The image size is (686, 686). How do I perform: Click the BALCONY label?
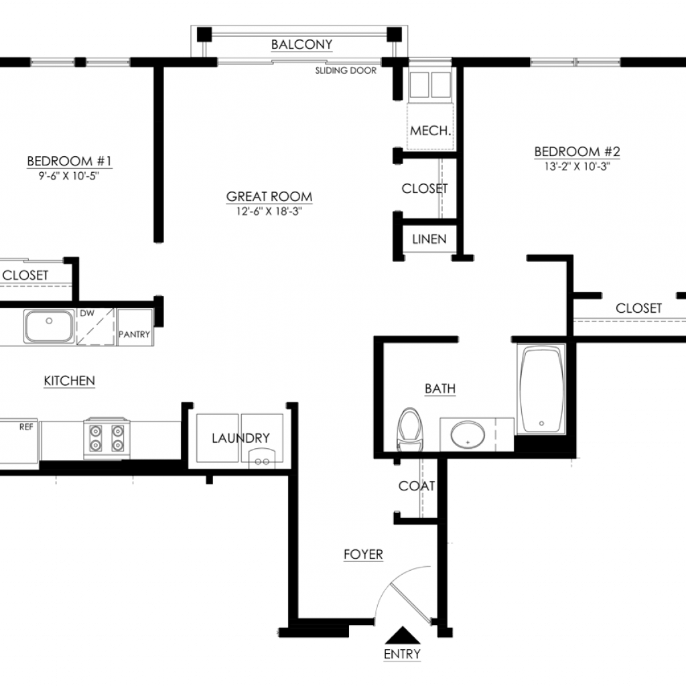click(301, 44)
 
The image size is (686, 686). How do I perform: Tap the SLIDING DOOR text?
click(346, 70)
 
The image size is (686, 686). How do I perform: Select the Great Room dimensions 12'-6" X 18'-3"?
click(269, 211)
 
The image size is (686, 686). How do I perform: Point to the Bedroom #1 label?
click(69, 161)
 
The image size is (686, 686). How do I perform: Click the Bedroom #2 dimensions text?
click(577, 167)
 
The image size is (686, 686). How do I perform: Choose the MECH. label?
click(431, 131)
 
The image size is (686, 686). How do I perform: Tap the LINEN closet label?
click(429, 239)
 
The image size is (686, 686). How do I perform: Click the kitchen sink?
click(48, 326)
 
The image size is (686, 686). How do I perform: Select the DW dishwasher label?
click(87, 314)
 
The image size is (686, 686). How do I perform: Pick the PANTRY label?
click(134, 334)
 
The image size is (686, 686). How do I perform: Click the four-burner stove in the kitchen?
click(107, 438)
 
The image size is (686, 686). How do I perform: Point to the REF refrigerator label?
click(26, 427)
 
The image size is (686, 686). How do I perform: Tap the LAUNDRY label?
click(241, 438)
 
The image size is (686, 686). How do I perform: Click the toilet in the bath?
click(410, 429)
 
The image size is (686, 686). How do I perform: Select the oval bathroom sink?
click(468, 435)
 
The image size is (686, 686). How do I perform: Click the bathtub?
click(541, 389)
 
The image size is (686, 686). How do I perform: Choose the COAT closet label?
click(417, 486)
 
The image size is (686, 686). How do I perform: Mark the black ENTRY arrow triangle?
click(403, 635)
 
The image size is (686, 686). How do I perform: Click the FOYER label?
click(363, 554)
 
